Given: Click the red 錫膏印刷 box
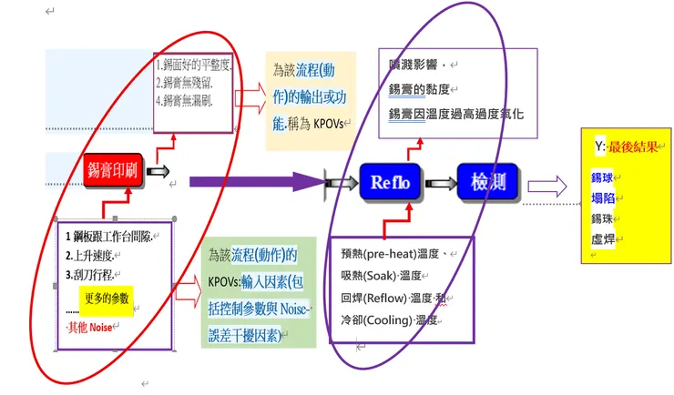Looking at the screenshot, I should [114, 170].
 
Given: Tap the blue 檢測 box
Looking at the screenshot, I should [487, 182].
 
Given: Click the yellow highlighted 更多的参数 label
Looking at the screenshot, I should [107, 298].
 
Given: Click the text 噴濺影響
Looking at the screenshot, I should [414, 66].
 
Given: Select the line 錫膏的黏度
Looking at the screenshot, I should [424, 90].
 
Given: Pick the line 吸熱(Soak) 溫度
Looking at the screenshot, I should [381, 275].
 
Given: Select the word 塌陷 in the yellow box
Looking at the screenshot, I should [601, 197].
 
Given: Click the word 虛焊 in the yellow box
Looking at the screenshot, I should [601, 239].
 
